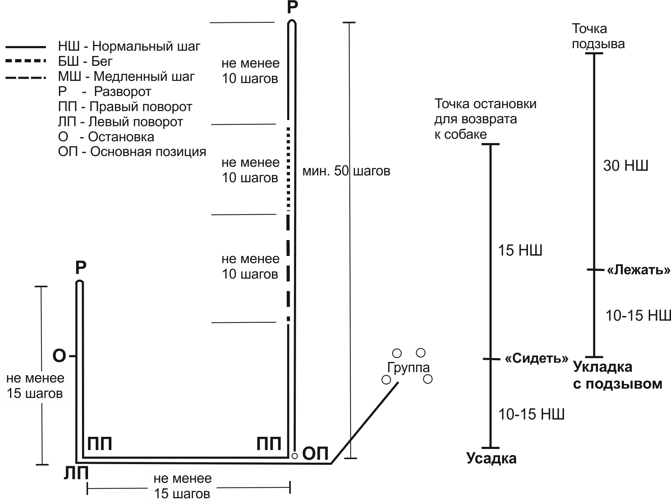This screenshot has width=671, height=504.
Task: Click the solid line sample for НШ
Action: click(x=26, y=47)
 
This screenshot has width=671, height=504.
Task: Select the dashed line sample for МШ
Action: click(x=26, y=77)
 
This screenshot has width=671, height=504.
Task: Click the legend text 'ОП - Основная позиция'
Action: click(x=132, y=152)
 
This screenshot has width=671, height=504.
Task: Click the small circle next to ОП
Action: click(x=294, y=456)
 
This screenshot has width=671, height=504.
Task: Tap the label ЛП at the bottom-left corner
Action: click(x=76, y=474)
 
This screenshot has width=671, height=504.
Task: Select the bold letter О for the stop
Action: click(x=59, y=356)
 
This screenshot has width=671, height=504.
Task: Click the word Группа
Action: click(x=408, y=367)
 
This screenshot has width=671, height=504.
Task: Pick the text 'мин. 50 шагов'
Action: click(x=346, y=171)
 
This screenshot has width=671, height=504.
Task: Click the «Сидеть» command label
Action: click(x=537, y=358)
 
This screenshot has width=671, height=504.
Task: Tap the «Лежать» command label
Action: click(x=638, y=270)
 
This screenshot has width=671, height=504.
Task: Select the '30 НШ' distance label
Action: click(x=625, y=166)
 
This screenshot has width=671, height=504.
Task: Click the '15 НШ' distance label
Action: click(x=520, y=250)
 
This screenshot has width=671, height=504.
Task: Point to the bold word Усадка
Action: click(x=491, y=458)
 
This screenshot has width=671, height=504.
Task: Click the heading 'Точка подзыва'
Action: click(x=598, y=36)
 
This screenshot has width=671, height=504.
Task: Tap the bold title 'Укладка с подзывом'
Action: click(x=617, y=375)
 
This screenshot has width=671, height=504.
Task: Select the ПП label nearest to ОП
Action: click(x=269, y=444)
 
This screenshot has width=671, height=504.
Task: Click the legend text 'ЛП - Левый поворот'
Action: click(x=120, y=122)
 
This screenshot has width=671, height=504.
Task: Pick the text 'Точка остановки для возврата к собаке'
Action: click(x=485, y=119)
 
